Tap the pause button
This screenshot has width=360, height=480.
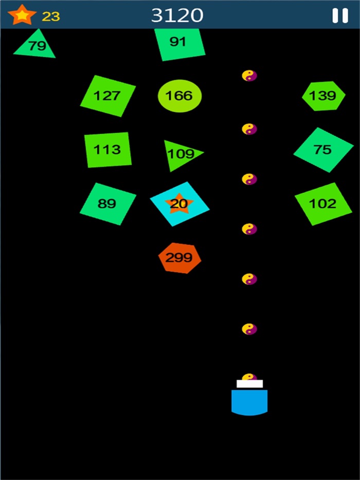click(x=340, y=15)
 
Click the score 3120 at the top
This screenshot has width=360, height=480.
click(x=177, y=15)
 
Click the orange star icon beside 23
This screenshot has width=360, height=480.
click(x=22, y=15)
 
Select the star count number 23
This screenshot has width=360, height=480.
click(x=50, y=16)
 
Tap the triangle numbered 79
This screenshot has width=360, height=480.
click(x=35, y=45)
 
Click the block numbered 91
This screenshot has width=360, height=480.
click(x=179, y=44)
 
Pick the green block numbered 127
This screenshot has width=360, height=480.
click(x=107, y=96)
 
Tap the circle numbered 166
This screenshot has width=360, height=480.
click(x=179, y=96)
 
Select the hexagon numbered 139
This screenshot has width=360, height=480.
click(x=323, y=96)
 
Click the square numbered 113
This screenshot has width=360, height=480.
click(x=108, y=150)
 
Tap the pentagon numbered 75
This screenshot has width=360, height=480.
click(x=323, y=150)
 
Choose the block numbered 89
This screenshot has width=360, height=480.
click(x=108, y=204)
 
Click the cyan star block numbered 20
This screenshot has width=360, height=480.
click(x=179, y=204)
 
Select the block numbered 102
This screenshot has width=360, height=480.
click(x=323, y=204)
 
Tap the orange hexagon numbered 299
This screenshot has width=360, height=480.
click(x=179, y=258)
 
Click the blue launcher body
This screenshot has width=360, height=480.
click(x=249, y=402)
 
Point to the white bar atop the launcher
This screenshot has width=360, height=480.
click(x=250, y=384)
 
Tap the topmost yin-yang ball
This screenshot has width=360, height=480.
click(x=249, y=76)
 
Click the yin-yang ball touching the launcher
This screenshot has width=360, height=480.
click(x=249, y=377)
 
